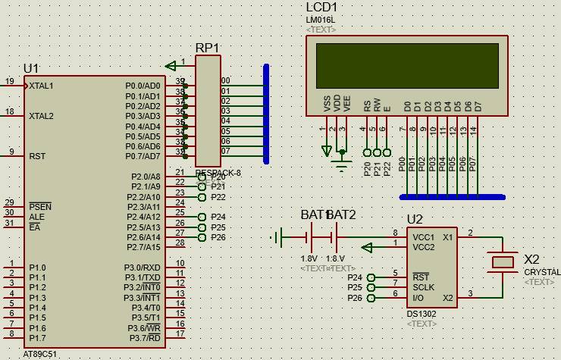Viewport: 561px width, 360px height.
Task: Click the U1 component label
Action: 31,68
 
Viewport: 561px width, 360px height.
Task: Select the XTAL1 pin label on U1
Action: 41,86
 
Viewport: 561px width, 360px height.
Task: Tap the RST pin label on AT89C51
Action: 37,156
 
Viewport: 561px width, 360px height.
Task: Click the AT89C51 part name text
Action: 39,354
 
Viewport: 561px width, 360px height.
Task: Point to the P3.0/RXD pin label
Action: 143,268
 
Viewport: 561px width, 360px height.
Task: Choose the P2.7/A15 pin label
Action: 143,247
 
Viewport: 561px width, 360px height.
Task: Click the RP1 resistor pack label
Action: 207,48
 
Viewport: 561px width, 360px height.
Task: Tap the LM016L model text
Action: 321,19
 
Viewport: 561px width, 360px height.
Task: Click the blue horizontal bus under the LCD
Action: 452,197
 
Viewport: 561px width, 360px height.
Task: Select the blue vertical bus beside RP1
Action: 266,114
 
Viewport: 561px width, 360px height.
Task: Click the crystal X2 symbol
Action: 502,261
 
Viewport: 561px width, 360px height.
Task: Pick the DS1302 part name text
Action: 422,313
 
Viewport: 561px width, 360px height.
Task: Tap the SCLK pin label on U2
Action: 423,287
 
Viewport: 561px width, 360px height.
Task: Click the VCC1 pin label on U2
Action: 424,236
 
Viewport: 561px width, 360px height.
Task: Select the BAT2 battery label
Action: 342,215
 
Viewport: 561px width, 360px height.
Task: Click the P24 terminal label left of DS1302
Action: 355,277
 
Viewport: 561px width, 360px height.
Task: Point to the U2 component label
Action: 415,220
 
